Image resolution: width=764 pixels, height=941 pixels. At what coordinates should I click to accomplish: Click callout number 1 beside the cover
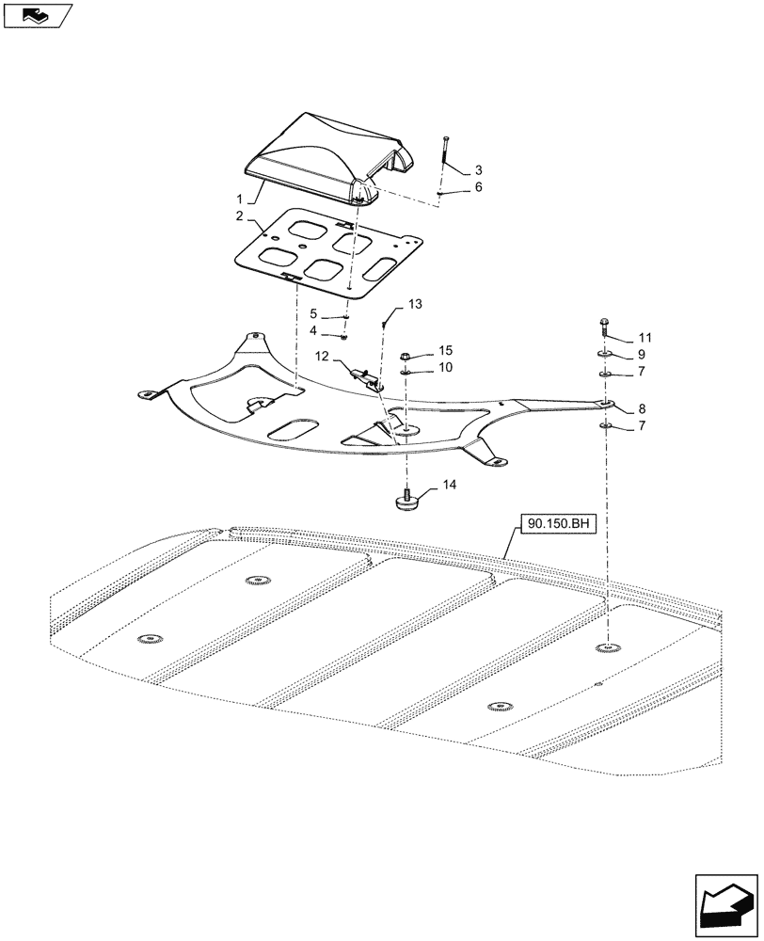point(241,199)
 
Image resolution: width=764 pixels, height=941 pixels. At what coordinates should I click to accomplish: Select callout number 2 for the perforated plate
point(241,216)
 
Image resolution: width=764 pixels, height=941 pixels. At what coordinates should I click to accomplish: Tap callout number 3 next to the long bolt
point(478,170)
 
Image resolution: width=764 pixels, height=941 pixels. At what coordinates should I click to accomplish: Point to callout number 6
point(478,187)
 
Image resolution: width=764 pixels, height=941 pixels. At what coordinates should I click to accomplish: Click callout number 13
point(415,304)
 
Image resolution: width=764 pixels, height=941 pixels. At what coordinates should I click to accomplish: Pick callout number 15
point(445,350)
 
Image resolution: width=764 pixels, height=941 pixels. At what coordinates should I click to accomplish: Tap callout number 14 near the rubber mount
point(449,486)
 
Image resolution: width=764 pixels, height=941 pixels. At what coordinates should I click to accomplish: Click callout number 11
point(644,337)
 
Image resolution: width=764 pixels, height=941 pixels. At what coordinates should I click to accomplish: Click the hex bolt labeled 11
point(603,328)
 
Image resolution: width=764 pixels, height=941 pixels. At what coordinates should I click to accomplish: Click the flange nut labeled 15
point(405,358)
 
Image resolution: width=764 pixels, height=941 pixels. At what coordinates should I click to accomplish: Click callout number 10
point(445,367)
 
